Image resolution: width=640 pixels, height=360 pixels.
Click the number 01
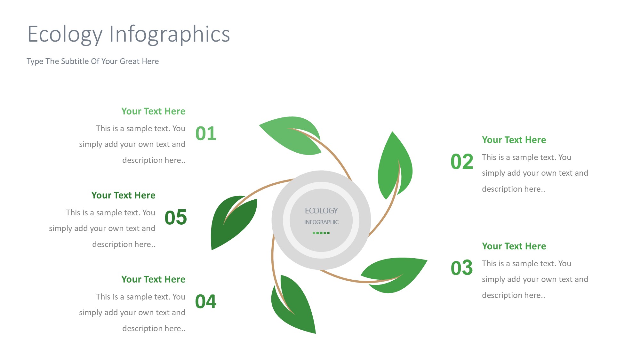coord(206,133)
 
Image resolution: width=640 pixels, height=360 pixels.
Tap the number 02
coord(462,162)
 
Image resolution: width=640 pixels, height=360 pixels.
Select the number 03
coord(462,268)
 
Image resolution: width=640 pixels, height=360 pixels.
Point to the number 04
coord(206,301)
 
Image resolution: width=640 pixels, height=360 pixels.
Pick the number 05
coord(176,217)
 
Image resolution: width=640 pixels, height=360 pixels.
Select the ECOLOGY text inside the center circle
coord(321,211)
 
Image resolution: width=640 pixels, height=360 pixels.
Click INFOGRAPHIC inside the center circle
coord(321,222)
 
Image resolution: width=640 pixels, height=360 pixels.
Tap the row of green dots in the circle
coord(321,233)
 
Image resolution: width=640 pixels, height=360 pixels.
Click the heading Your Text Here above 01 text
coord(153,111)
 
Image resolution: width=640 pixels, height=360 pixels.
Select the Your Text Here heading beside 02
coord(514,140)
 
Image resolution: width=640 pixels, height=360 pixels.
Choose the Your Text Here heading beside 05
coord(123,196)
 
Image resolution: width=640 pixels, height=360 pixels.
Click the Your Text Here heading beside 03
coord(514,246)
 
